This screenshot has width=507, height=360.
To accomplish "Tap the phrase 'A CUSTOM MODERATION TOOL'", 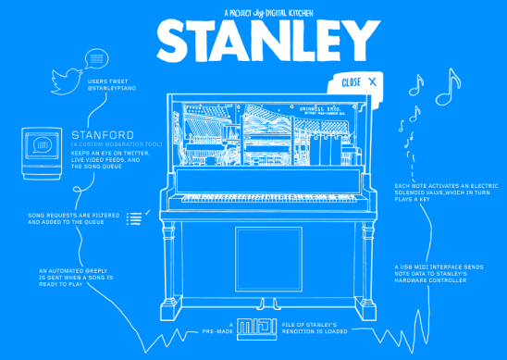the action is pyautogui.click(x=104, y=145).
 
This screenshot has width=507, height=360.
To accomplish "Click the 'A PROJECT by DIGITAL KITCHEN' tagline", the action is pyautogui.click(x=255, y=12).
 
